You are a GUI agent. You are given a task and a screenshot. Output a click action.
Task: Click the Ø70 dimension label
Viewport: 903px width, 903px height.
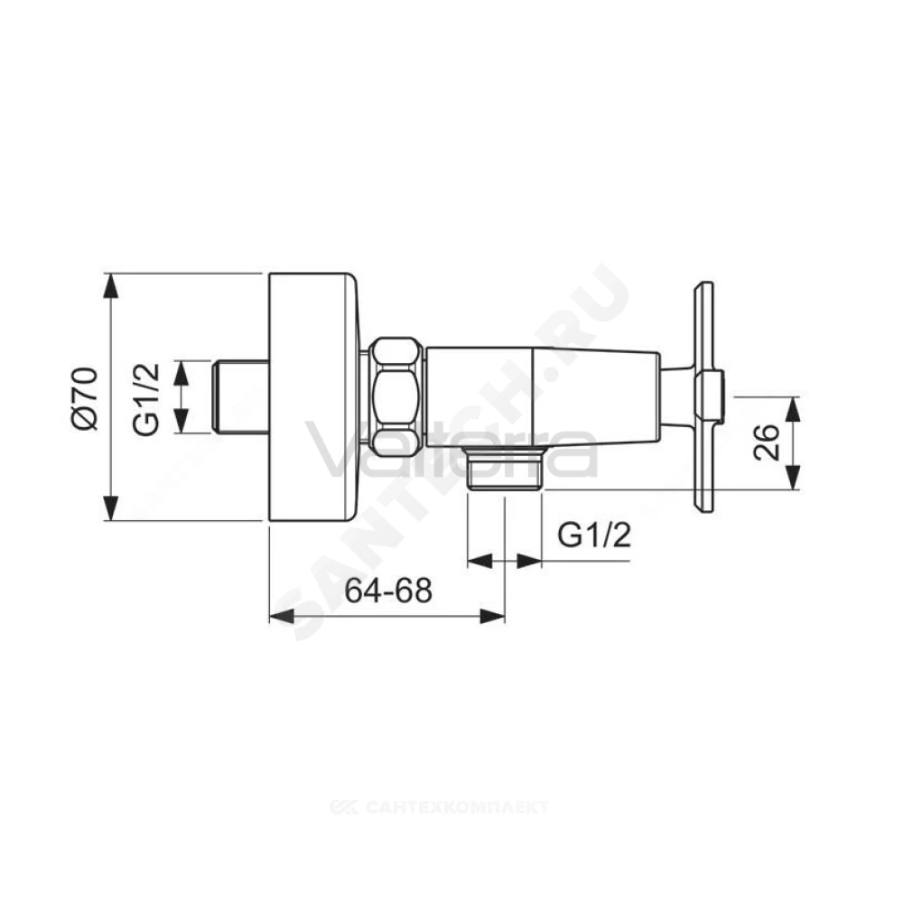tap(86, 398)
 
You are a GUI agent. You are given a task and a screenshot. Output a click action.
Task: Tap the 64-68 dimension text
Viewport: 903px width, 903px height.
tap(388, 590)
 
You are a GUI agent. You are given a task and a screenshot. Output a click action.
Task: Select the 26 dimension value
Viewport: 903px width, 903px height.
tap(767, 442)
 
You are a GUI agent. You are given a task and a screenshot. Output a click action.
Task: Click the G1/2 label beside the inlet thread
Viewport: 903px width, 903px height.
tap(145, 398)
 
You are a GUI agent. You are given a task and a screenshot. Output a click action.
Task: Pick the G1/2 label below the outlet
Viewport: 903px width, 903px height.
tap(594, 535)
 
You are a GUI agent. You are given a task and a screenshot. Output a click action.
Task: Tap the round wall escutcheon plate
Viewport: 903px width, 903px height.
tap(314, 396)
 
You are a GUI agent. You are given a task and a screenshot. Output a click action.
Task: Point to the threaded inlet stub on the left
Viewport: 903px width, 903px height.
tap(240, 397)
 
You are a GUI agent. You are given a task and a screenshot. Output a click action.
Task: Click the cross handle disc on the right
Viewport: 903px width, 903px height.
tap(704, 396)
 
